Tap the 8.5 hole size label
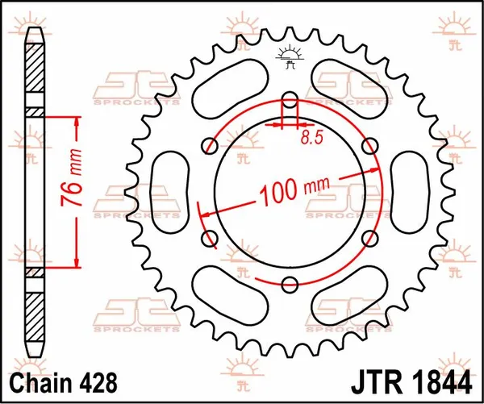click(311, 138)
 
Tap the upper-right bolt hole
click(369, 145)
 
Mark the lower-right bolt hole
click(369, 238)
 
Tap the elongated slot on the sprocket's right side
click(411, 192)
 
